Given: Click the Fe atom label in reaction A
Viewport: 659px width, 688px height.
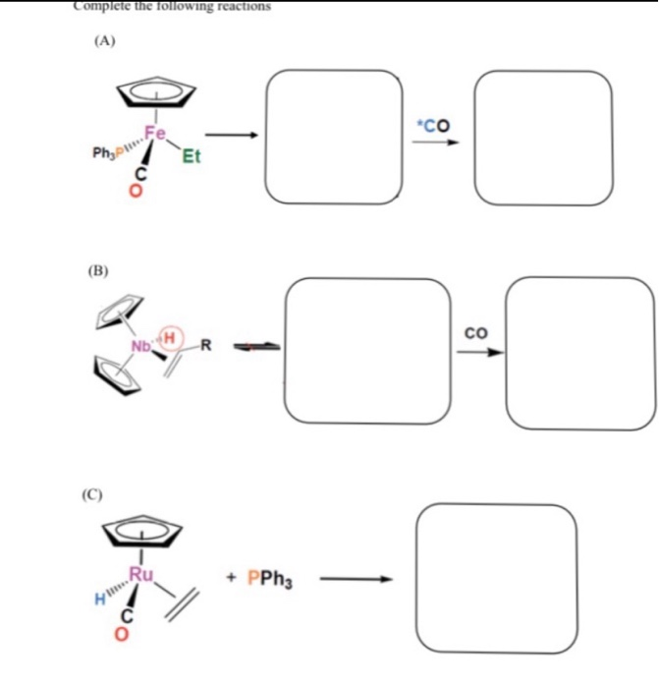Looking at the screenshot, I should pyautogui.click(x=155, y=133).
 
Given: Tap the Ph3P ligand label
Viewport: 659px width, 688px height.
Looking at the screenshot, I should pyautogui.click(x=107, y=154).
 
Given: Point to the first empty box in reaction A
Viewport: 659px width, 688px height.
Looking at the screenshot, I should pyautogui.click(x=334, y=138).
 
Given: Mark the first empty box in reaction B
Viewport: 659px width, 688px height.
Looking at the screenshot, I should pyautogui.click(x=368, y=351).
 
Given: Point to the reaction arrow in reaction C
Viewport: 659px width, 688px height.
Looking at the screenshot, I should pyautogui.click(x=358, y=579).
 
